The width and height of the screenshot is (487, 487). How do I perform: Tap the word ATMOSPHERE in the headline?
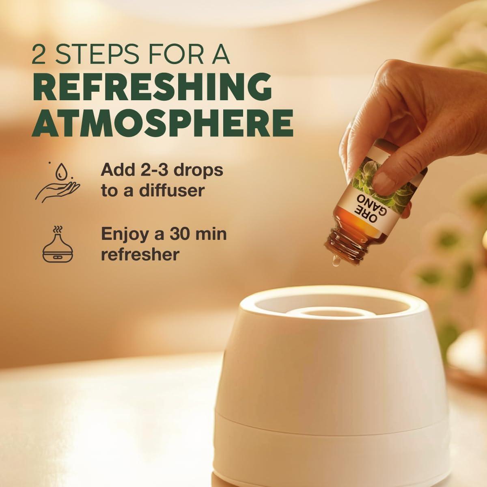(163, 123)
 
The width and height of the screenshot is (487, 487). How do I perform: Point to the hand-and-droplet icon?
(58, 183)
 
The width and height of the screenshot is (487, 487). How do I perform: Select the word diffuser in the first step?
(172, 191)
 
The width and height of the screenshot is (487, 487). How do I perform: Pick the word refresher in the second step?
(140, 254)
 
